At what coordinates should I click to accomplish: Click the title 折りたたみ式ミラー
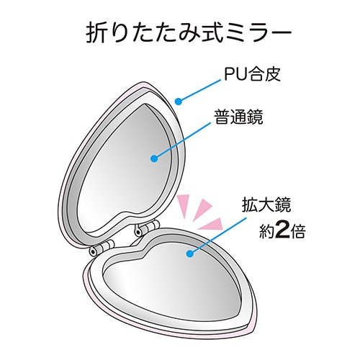click(x=189, y=32)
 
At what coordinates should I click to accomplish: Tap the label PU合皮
click(x=252, y=74)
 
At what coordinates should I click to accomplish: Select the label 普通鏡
click(x=238, y=117)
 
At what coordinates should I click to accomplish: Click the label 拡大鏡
click(x=266, y=204)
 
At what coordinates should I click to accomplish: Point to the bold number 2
click(x=282, y=232)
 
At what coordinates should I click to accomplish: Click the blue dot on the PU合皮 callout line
click(x=178, y=102)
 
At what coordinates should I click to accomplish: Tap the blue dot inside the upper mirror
click(x=155, y=158)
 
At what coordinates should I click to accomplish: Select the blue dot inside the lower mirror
click(x=189, y=254)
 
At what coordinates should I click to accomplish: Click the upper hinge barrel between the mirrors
click(x=147, y=228)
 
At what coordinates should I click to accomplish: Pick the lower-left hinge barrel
click(x=102, y=247)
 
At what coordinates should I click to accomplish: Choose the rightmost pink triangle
click(x=211, y=224)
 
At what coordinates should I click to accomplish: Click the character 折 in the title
click(x=96, y=32)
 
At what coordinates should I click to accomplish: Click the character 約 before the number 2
click(x=266, y=232)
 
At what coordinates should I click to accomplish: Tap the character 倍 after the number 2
click(x=297, y=232)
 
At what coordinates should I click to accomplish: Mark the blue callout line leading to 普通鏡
click(x=182, y=141)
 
